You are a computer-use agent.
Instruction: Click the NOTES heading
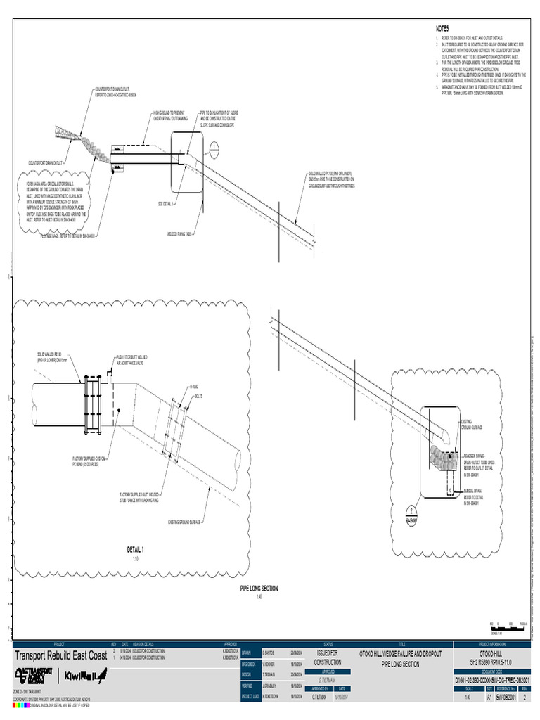[442, 28]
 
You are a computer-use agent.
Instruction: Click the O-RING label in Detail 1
[194, 387]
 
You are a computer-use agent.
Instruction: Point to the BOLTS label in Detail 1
[198, 396]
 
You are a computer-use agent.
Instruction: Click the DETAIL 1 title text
[136, 549]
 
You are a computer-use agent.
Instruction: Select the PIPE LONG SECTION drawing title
[259, 589]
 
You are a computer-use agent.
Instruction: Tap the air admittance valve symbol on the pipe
[109, 371]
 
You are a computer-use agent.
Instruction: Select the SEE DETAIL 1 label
[165, 204]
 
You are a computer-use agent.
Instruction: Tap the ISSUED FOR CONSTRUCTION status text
[328, 657]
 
